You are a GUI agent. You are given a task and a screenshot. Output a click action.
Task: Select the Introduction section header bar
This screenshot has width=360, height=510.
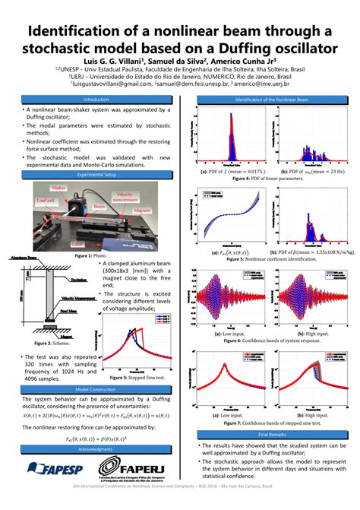[96, 100]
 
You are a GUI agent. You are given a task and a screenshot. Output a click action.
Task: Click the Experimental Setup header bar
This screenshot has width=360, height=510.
[96, 175]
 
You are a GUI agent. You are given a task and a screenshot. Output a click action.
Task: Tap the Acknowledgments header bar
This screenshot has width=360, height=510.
[96, 450]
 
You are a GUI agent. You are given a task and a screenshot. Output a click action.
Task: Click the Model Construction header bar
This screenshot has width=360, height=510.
[96, 390]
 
